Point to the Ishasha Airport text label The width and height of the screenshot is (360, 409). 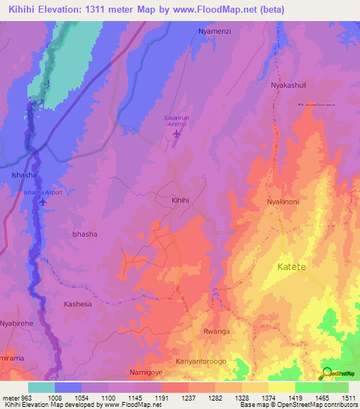click(44, 192)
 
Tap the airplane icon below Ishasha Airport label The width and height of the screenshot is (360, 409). click(44, 202)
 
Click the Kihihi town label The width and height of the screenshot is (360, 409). click(181, 200)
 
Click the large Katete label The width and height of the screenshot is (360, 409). click(292, 267)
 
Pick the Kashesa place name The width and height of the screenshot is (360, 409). click(78, 304)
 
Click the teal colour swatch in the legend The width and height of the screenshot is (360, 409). click(41, 387)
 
